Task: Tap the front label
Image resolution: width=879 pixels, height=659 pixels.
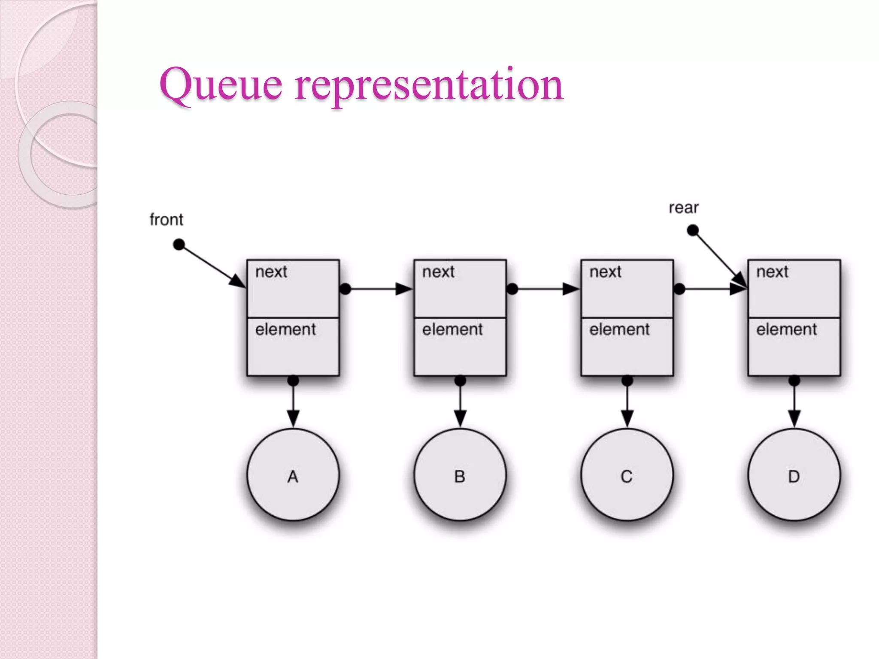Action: tap(166, 220)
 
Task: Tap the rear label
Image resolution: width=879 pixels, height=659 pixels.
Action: tap(684, 208)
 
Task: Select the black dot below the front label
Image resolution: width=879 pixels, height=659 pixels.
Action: tap(179, 245)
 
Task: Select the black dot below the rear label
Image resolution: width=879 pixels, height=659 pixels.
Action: tap(693, 231)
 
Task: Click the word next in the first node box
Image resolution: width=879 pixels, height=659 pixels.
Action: tap(271, 272)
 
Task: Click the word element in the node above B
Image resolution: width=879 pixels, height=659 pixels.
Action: tap(452, 329)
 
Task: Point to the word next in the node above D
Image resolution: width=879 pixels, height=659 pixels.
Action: tap(772, 272)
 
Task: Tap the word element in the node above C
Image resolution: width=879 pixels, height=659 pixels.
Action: tap(619, 329)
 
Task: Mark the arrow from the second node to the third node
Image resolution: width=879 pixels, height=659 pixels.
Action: tap(545, 289)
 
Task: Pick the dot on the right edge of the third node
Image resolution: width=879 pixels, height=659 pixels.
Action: tap(679, 289)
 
